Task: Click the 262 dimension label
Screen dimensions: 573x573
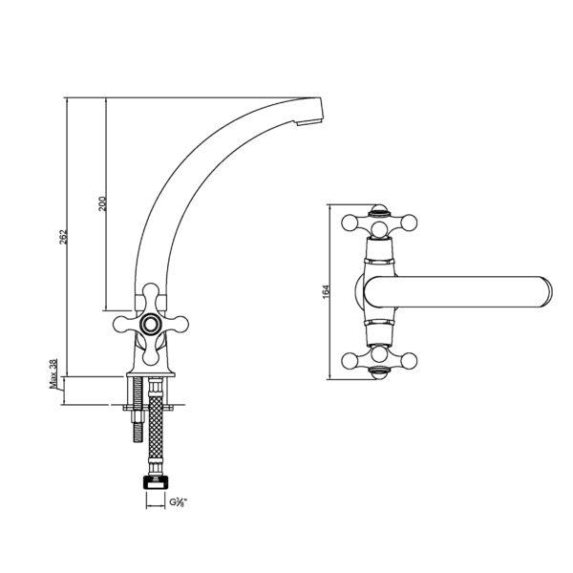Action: [64, 237]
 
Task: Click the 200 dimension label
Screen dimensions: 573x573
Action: [102, 204]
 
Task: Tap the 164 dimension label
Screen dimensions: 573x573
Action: [327, 291]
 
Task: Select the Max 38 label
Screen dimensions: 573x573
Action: [53, 373]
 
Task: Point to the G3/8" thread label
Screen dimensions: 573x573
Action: [178, 502]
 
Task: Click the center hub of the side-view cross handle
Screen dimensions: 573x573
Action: [150, 324]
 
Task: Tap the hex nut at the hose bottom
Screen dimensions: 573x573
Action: [156, 482]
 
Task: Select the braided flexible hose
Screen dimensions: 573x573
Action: [156, 427]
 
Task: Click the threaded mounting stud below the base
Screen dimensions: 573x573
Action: [138, 410]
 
